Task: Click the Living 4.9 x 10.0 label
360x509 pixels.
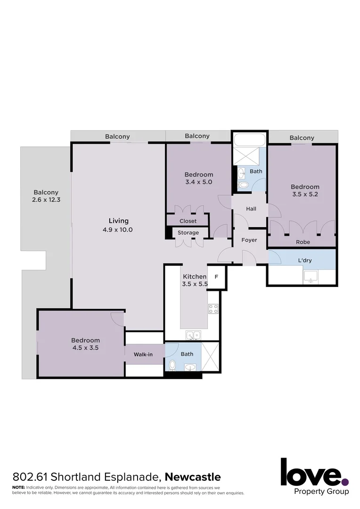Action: [x=118, y=225]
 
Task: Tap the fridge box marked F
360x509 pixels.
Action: [x=216, y=277]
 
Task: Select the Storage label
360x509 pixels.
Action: [x=188, y=233]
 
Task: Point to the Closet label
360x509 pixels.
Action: [x=188, y=221]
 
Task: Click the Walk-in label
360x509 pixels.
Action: [x=143, y=354]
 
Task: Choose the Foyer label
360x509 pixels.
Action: [x=249, y=240]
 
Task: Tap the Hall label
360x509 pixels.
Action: [x=251, y=209]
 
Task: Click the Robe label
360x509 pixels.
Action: [x=303, y=242]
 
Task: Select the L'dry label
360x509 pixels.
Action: [x=305, y=260]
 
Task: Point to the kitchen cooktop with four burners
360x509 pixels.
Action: [x=213, y=309]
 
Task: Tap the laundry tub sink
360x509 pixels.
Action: [x=311, y=277]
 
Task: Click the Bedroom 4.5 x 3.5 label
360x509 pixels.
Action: [x=85, y=344]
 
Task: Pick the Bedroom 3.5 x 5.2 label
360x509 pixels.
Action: [x=305, y=190]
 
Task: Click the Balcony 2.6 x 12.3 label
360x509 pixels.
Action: [x=46, y=196]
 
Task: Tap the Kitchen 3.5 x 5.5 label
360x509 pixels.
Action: [x=195, y=280]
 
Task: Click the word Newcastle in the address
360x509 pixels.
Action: [x=193, y=477]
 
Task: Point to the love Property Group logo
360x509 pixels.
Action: [x=315, y=476]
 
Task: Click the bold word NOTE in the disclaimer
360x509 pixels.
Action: [x=18, y=487]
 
